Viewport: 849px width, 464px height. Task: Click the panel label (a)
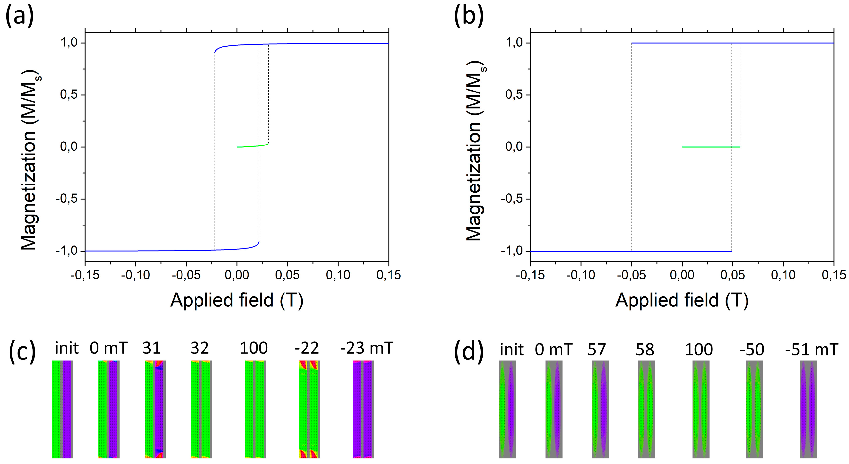20,16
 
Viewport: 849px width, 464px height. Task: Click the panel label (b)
469,16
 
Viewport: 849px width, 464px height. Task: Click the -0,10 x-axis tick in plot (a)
135,275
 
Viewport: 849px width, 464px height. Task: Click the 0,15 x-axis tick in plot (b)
833,275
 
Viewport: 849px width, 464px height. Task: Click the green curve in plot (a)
252,146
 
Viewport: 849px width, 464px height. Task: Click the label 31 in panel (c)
151,348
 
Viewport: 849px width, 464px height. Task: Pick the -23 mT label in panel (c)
366,348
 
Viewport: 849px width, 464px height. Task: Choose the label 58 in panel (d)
645,349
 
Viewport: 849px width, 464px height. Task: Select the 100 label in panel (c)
253,348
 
